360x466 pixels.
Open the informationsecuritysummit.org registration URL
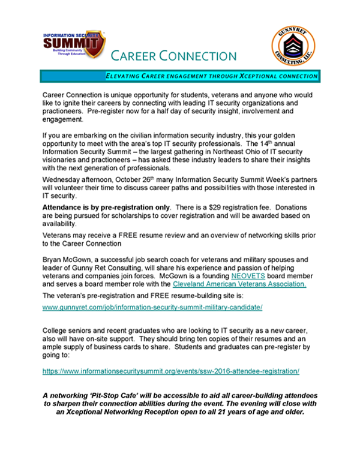tap(170, 371)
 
